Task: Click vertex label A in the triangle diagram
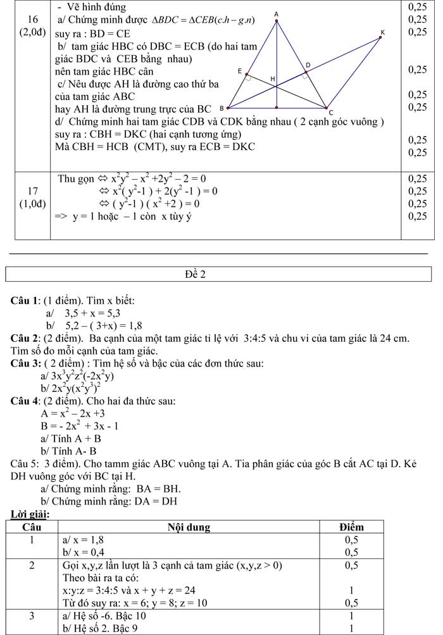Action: tap(276, 13)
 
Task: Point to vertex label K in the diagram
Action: tap(382, 31)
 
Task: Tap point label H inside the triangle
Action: tap(273, 79)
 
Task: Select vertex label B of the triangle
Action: tap(220, 108)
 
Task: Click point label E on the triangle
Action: tap(239, 73)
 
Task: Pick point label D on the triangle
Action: tap(308, 65)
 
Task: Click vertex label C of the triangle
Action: tap(330, 112)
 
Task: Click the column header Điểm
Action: tap(351, 527)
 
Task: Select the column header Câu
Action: tap(32, 527)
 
